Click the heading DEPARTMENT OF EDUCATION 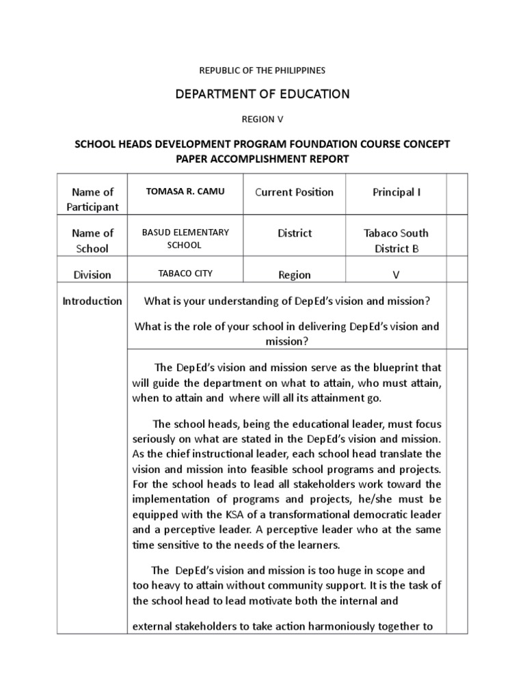[x=262, y=94]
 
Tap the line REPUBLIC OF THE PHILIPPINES [x=262, y=70]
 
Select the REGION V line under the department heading [x=262, y=119]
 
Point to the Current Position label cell [x=294, y=192]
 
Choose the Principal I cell [x=396, y=192]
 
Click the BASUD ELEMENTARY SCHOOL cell [x=185, y=239]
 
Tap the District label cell [x=294, y=233]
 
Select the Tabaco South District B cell [x=396, y=241]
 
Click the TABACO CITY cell [x=185, y=273]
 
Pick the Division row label [x=92, y=275]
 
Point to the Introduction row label [x=92, y=301]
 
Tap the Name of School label [x=92, y=241]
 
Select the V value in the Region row [x=396, y=275]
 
